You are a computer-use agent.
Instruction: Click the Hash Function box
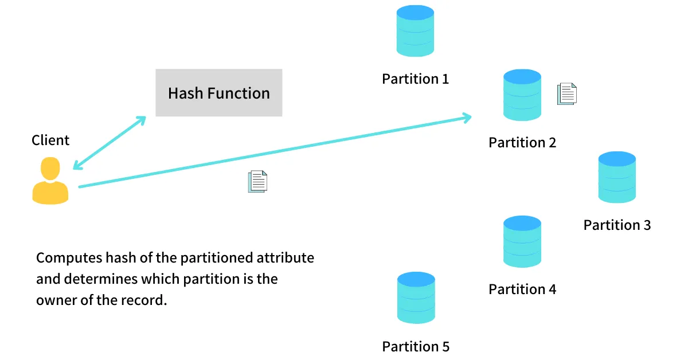[218, 92]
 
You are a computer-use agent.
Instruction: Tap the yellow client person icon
[50, 181]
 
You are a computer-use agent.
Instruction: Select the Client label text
[50, 140]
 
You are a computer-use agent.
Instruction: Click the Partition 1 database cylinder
[415, 31]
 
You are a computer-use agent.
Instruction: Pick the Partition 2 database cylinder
[522, 95]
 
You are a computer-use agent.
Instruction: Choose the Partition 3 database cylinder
[617, 177]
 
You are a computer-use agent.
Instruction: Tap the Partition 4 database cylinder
[522, 241]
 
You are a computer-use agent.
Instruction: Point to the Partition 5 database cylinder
[416, 298]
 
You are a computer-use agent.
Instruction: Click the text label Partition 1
[415, 79]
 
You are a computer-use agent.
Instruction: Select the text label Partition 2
[522, 143]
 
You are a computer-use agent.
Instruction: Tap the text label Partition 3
[617, 225]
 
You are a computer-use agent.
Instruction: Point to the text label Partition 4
[522, 289]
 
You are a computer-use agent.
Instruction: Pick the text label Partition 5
[416, 346]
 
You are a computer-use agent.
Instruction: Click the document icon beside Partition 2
[567, 93]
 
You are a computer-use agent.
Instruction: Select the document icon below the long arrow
[257, 182]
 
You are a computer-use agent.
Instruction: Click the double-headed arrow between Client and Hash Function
[110, 143]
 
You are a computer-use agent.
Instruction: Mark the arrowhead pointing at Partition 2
[467, 118]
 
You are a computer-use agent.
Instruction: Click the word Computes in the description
[69, 258]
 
